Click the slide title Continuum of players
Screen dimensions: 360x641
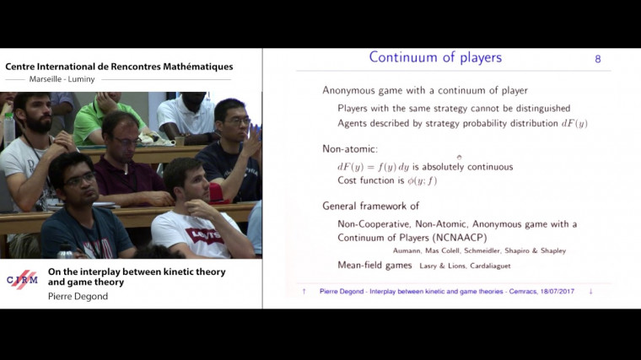(435, 58)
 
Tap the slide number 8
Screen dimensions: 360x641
(598, 59)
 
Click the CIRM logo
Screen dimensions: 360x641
(22, 279)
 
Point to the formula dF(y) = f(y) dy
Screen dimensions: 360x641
(374, 167)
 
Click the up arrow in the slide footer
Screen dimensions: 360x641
(304, 292)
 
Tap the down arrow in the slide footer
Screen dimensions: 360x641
(590, 292)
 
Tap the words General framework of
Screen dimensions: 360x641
(371, 206)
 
